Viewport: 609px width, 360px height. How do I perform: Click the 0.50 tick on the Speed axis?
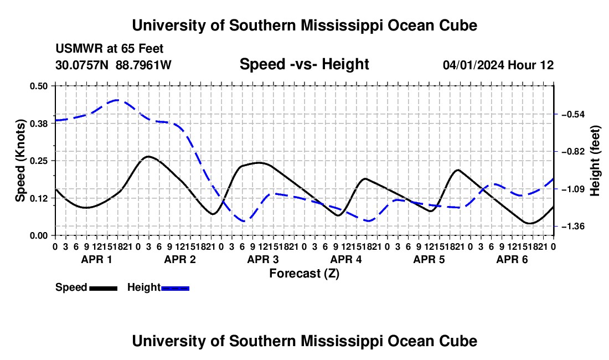tap(38, 86)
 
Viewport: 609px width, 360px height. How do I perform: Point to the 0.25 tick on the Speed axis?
tap(38, 161)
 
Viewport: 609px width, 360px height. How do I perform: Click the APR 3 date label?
tap(263, 259)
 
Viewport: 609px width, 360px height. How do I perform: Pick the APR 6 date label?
tap(512, 259)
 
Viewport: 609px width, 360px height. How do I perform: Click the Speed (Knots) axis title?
tap(20, 161)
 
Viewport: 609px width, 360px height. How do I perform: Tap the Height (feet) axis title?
tap(595, 161)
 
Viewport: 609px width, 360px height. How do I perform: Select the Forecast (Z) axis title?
tap(304, 274)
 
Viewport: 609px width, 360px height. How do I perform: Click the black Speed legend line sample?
tap(104, 289)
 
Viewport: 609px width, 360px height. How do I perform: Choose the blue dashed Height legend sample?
tap(175, 289)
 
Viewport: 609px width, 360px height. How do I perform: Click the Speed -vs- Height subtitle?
tap(304, 64)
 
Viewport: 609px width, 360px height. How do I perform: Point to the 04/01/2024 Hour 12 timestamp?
tap(498, 65)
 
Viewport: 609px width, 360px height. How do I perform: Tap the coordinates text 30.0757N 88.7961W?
tap(113, 65)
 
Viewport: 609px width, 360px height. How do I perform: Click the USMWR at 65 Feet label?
tap(110, 49)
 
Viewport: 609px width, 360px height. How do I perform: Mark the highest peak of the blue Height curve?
tap(116, 100)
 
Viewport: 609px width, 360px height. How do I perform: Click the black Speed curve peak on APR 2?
tap(148, 157)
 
